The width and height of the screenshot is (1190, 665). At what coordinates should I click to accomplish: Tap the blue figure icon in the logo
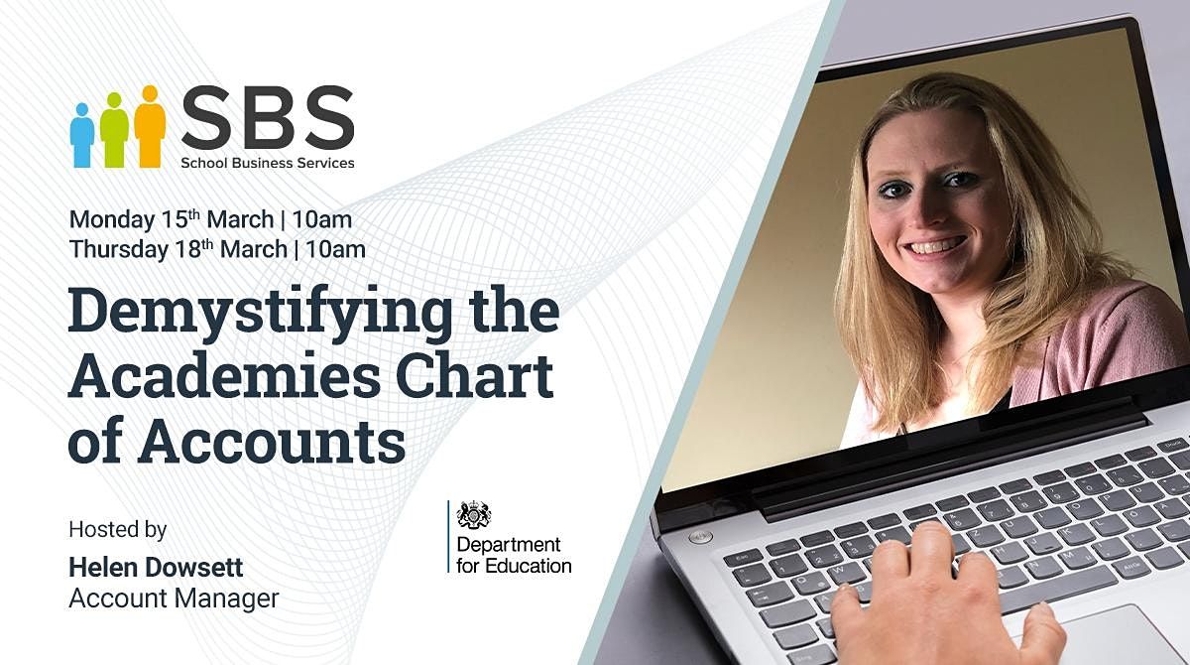pos(81,135)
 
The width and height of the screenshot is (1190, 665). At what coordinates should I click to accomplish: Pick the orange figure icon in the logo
pos(150,126)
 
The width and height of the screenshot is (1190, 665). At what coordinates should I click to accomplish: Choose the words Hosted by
pos(117,529)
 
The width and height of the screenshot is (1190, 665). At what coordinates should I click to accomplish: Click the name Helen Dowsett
pos(156,567)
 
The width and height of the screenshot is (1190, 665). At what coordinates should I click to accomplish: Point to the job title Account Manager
pos(174,598)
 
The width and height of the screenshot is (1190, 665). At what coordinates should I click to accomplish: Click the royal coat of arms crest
pos(474,515)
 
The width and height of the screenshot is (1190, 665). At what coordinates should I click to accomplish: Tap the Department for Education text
pos(513,555)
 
